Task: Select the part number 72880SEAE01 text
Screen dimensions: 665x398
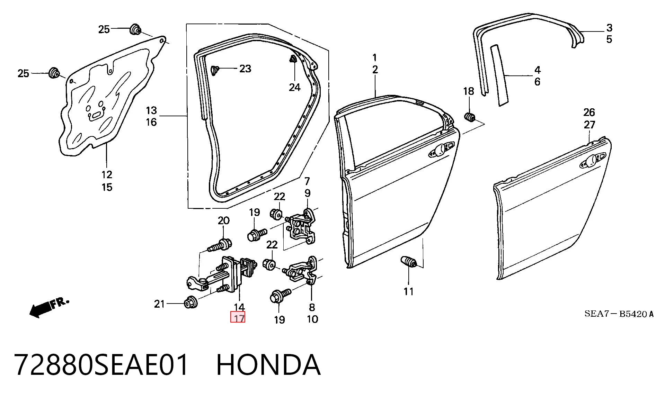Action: [x=102, y=365]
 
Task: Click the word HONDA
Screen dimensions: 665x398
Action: [x=268, y=365]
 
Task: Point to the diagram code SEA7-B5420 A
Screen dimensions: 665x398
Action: [x=619, y=314]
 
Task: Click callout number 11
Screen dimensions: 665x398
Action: [x=409, y=292]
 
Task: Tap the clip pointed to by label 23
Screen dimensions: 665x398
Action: [x=214, y=70]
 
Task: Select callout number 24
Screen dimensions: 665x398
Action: [x=295, y=87]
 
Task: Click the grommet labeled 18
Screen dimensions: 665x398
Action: [x=469, y=117]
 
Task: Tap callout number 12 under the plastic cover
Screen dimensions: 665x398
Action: [x=107, y=175]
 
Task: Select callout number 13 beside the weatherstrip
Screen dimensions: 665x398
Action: [x=151, y=111]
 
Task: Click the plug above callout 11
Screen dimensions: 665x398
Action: [x=409, y=262]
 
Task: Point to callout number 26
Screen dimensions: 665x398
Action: [x=589, y=112]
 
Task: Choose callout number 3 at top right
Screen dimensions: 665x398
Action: [x=609, y=28]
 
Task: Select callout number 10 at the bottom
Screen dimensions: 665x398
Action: [x=312, y=319]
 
